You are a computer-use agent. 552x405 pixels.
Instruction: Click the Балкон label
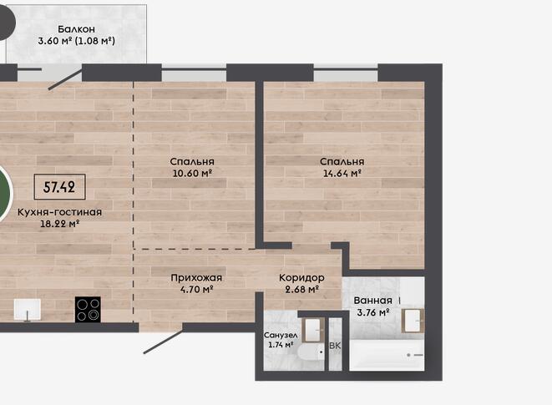pos(76,29)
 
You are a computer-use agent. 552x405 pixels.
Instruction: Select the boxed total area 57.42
pos(59,187)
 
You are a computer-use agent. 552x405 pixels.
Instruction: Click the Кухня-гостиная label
pos(59,212)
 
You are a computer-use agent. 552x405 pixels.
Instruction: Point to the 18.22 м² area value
pos(59,224)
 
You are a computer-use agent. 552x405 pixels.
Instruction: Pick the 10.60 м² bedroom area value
pos(192,173)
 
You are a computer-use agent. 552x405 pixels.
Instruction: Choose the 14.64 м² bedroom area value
pos(342,173)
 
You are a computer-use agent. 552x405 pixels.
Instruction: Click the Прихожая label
pos(196,278)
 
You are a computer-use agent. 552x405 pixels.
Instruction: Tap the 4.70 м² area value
pos(196,290)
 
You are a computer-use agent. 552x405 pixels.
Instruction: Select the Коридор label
pos(301,278)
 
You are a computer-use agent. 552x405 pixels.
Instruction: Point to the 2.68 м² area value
pos(301,290)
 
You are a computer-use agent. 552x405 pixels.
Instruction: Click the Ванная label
pos(372,301)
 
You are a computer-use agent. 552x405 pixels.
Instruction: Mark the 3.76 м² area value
pos(372,312)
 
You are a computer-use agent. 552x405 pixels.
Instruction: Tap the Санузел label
pos(281,335)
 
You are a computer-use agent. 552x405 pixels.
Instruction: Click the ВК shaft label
pos(335,347)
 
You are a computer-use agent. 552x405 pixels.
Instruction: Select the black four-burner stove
pos(88,310)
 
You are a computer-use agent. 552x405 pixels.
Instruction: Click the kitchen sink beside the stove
pos(27,310)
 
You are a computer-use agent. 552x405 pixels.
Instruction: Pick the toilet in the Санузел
pos(311,352)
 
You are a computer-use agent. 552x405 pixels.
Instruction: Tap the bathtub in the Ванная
pos(387,355)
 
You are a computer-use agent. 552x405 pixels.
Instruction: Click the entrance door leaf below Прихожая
pos(163,342)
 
